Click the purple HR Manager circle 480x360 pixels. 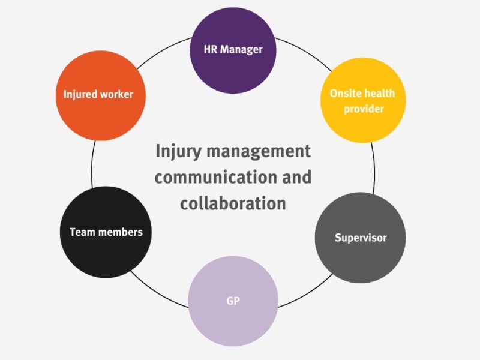click(233, 50)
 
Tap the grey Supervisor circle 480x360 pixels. click(360, 238)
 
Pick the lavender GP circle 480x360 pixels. click(233, 301)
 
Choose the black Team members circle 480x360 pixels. click(106, 232)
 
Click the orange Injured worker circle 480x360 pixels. click(100, 95)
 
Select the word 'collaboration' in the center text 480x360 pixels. click(233, 203)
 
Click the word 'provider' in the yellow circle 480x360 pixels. click(363, 109)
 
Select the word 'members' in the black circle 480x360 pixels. click(122, 232)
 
